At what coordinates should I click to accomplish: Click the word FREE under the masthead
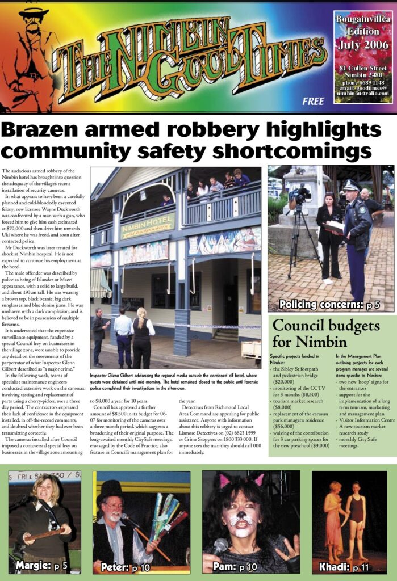point(314,102)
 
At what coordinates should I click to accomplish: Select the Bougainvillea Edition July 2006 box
point(361,57)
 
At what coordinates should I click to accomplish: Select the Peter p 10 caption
point(126,566)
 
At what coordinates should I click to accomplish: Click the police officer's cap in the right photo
point(352,185)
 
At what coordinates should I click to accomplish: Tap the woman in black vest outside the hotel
point(142,339)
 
